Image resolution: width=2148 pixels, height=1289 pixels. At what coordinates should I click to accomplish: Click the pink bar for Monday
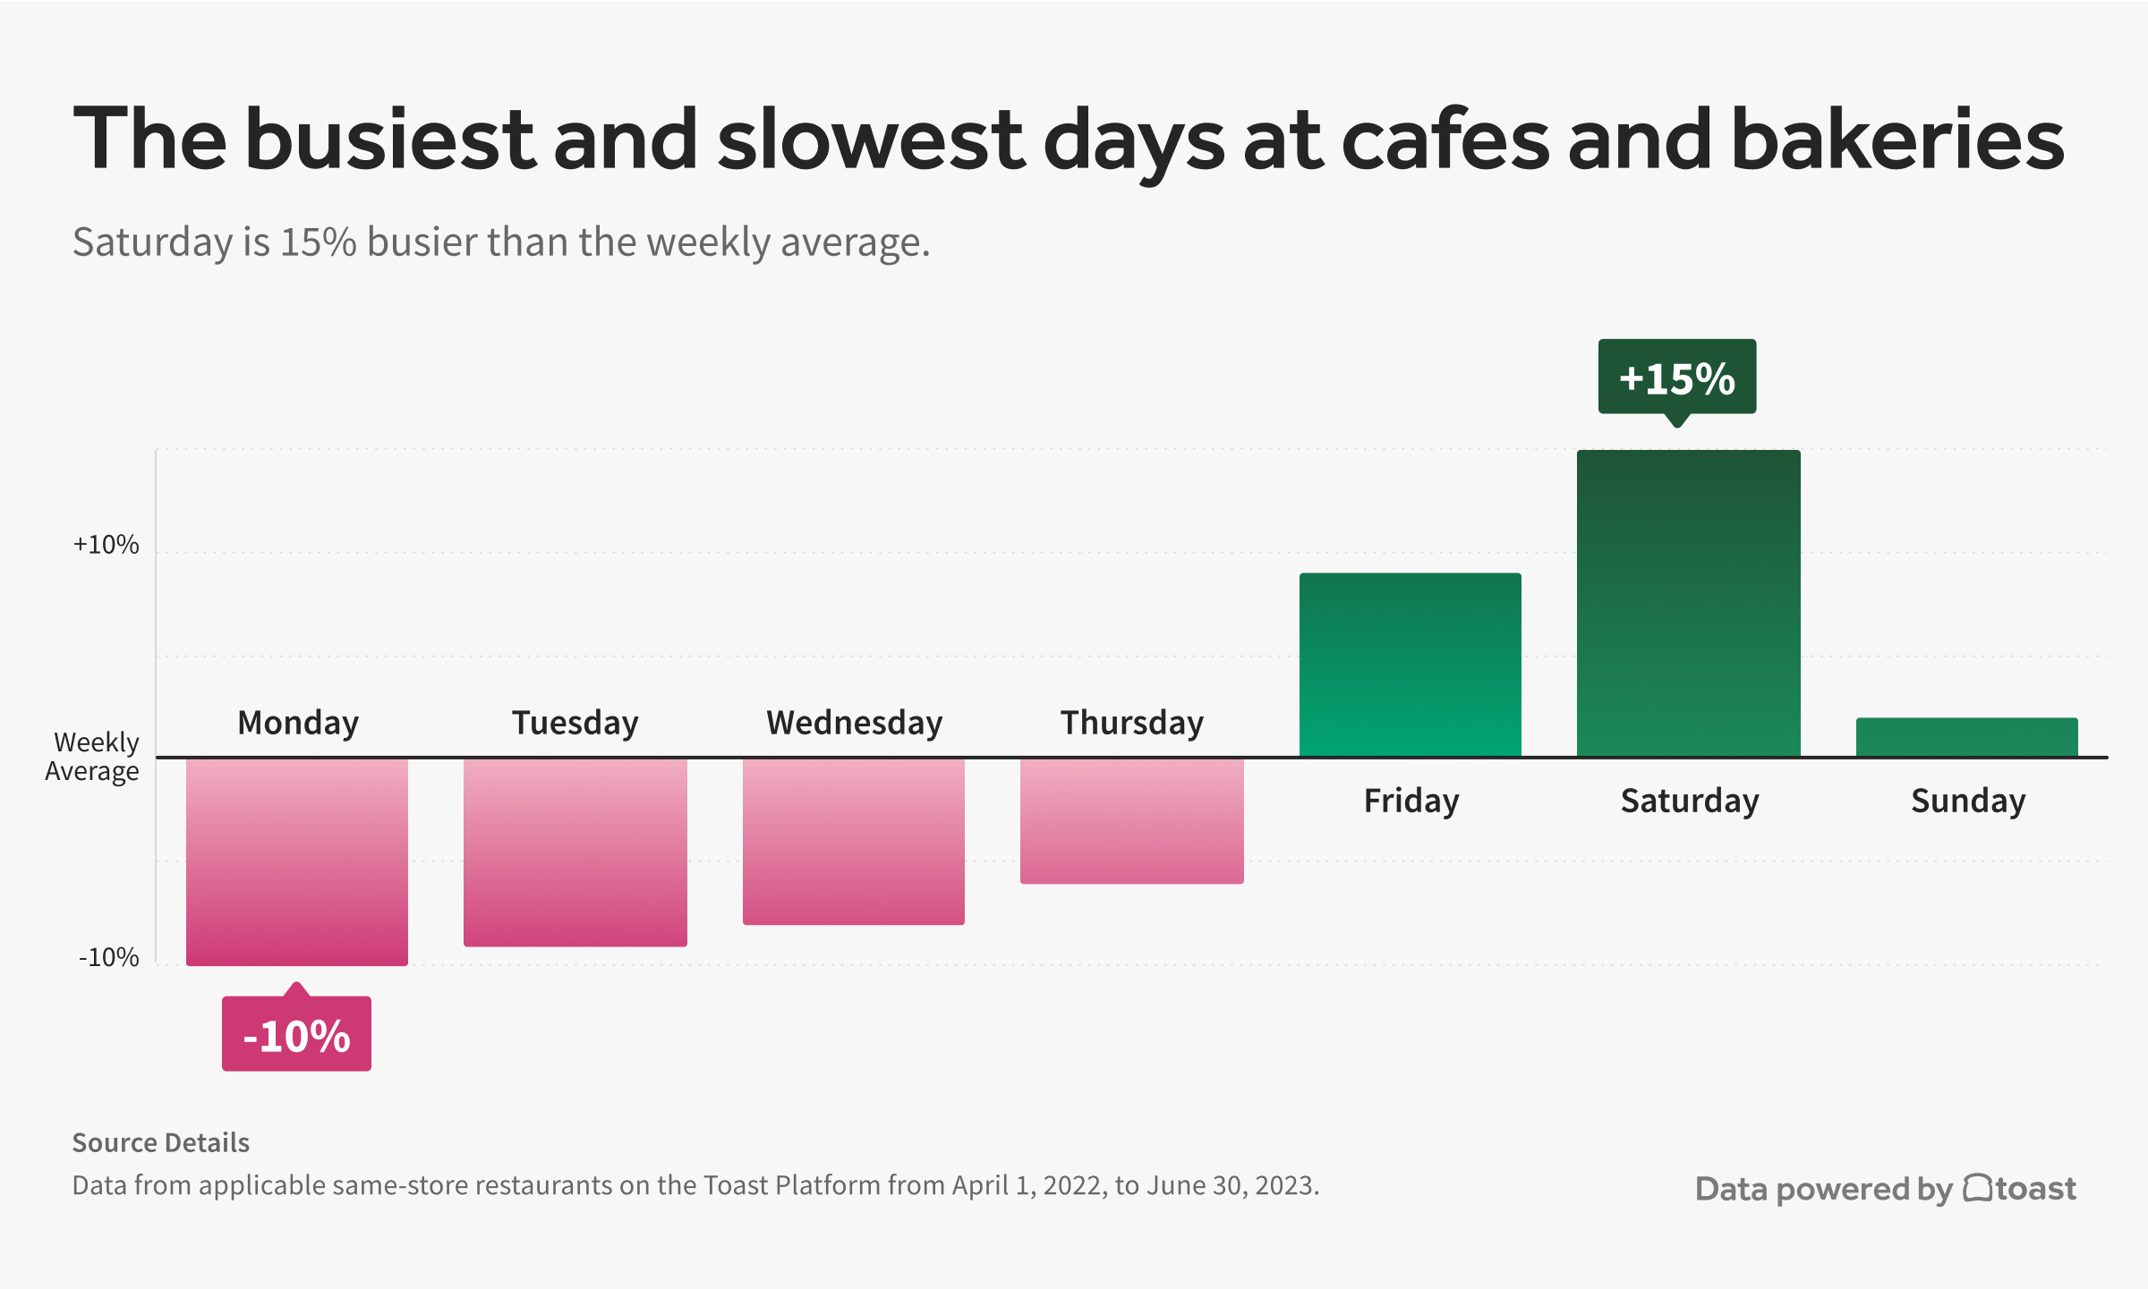coord(297,861)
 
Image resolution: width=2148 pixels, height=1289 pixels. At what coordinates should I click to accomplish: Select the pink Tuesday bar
coord(575,852)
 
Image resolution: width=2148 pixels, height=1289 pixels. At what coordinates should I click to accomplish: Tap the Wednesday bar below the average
coord(854,841)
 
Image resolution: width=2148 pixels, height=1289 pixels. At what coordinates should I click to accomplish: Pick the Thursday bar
coord(1132,820)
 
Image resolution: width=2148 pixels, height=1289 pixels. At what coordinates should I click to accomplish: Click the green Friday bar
coord(1411,665)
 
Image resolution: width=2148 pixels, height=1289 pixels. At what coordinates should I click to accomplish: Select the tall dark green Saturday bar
coord(1689,604)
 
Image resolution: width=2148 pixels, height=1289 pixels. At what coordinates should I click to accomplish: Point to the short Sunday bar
coord(1967,737)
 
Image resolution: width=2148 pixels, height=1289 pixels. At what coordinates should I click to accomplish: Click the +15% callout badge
coord(1677,377)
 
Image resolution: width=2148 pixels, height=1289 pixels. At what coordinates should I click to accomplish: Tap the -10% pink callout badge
coord(297,1035)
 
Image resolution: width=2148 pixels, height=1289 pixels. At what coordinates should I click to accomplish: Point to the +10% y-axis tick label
coord(107,545)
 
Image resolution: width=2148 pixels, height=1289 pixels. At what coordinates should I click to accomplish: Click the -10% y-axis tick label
coord(109,958)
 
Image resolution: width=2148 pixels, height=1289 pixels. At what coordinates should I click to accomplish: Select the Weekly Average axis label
coord(93,757)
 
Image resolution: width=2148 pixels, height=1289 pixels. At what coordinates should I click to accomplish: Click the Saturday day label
coord(1690,801)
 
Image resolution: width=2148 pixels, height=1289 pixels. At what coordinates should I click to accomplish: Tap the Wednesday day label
coord(854,723)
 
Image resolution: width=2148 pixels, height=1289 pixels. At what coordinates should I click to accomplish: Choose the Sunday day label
coord(1968,801)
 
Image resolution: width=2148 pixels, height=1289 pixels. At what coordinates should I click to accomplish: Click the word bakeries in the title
coord(1897,140)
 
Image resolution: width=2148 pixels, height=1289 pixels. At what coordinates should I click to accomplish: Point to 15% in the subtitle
coord(319,242)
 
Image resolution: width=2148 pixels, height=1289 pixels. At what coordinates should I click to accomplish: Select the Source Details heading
coord(161,1143)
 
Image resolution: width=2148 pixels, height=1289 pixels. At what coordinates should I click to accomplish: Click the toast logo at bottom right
coord(2019,1189)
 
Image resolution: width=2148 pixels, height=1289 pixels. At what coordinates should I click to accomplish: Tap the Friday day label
coord(1411,801)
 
